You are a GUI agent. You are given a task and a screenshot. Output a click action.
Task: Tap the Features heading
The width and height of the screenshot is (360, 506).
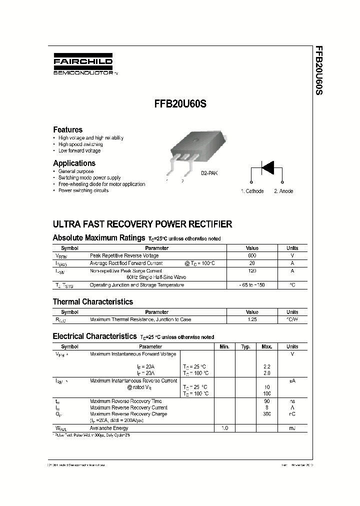(67, 129)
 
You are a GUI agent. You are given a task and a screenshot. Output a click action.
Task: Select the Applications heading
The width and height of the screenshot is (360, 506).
(74, 163)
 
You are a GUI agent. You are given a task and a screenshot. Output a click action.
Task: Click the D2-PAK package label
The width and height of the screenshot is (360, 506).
(209, 173)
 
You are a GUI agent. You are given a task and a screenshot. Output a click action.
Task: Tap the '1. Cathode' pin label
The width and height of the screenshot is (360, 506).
(252, 191)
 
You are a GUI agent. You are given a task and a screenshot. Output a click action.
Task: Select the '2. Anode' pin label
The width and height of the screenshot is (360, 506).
(283, 191)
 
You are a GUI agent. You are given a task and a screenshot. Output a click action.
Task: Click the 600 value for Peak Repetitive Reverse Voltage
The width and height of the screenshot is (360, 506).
(252, 255)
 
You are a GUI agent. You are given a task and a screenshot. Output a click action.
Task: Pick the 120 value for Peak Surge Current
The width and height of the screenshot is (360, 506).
(252, 270)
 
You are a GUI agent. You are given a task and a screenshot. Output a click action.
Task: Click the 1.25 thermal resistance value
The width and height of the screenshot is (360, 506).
(252, 319)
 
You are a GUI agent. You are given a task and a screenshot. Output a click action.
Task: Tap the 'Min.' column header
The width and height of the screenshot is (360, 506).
(224, 346)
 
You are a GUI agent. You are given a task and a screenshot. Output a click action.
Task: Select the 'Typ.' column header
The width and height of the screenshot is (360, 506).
(245, 346)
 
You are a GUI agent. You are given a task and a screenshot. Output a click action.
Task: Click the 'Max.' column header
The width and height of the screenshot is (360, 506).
(266, 346)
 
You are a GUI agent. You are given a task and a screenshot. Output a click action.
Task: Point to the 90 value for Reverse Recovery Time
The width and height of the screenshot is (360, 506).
(266, 401)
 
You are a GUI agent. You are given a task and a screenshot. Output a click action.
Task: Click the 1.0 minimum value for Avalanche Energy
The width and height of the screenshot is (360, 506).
(224, 428)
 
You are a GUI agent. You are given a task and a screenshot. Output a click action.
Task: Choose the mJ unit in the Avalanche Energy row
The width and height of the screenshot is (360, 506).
(292, 428)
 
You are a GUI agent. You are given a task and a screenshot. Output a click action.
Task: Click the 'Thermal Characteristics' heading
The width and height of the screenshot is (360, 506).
(93, 301)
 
